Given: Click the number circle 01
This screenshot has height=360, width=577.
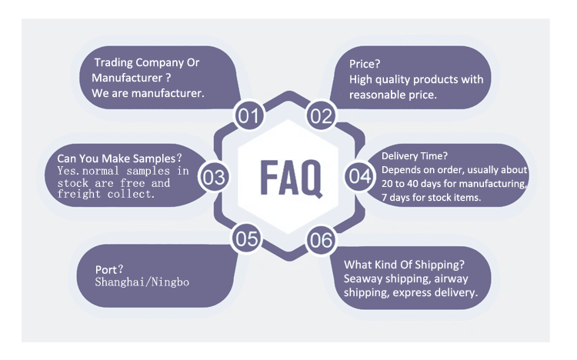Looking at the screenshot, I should click(x=248, y=116).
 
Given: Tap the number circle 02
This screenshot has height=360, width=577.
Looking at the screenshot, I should click(x=321, y=116).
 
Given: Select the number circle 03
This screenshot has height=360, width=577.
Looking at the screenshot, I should click(x=214, y=177).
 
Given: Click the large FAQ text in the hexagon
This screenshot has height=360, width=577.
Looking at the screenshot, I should click(x=289, y=178).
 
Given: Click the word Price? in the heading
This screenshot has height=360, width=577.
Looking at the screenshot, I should click(x=365, y=63).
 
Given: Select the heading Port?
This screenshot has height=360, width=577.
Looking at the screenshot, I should click(x=109, y=269).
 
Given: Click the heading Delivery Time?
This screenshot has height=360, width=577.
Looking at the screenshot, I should click(x=413, y=156).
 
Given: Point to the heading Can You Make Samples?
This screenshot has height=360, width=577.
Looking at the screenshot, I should click(x=120, y=158).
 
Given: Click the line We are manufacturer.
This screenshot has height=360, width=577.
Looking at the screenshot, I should click(x=148, y=93).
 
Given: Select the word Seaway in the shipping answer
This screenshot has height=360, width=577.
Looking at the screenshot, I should click(x=364, y=278).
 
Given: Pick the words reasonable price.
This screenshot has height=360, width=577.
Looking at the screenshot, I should click(x=392, y=95).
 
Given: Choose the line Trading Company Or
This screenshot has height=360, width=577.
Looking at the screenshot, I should click(x=146, y=62).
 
